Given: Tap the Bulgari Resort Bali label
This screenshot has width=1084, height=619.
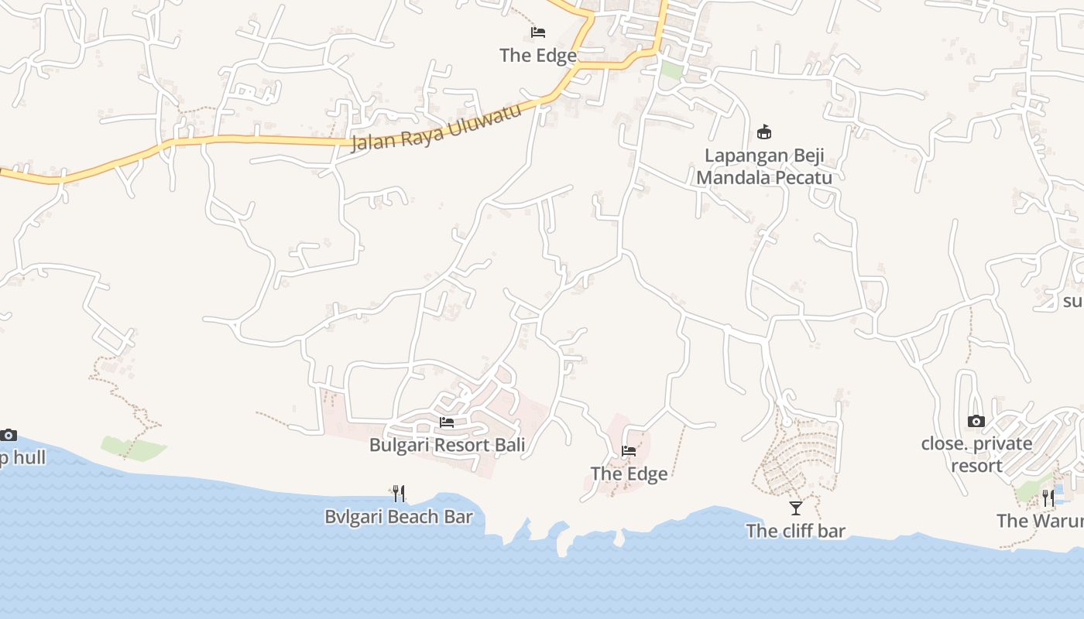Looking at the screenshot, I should coord(447,445).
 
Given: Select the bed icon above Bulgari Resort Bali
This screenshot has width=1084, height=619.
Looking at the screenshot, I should coord(447,422).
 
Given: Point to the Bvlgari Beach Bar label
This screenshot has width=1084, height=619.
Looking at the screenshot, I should coord(399,516).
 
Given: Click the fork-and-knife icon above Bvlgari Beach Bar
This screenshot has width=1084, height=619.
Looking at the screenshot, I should coord(399,493).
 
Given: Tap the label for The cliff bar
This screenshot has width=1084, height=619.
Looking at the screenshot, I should coord(795,531).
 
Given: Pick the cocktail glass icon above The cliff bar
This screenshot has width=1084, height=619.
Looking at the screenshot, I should coord(795,508).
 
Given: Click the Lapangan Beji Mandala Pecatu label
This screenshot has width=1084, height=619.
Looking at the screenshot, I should coord(764,166).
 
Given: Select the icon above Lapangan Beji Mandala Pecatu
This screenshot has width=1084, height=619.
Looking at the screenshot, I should coord(764,132).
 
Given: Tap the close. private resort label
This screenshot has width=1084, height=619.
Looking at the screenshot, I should coord(976,454).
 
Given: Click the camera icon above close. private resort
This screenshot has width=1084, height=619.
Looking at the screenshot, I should coord(976,422).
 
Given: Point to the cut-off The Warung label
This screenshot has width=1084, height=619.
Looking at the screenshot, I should coord(1040,521).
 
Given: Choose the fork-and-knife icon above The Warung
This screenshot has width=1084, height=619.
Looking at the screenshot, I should coord(1048,498).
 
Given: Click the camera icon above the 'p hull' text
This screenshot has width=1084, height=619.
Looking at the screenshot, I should coord(9,435).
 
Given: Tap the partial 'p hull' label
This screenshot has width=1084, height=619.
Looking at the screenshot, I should coord(22,457).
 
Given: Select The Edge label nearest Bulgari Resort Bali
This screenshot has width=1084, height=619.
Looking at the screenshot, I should coord(629,474).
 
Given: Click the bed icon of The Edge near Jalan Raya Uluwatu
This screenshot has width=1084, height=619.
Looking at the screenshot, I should coord(538,32).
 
